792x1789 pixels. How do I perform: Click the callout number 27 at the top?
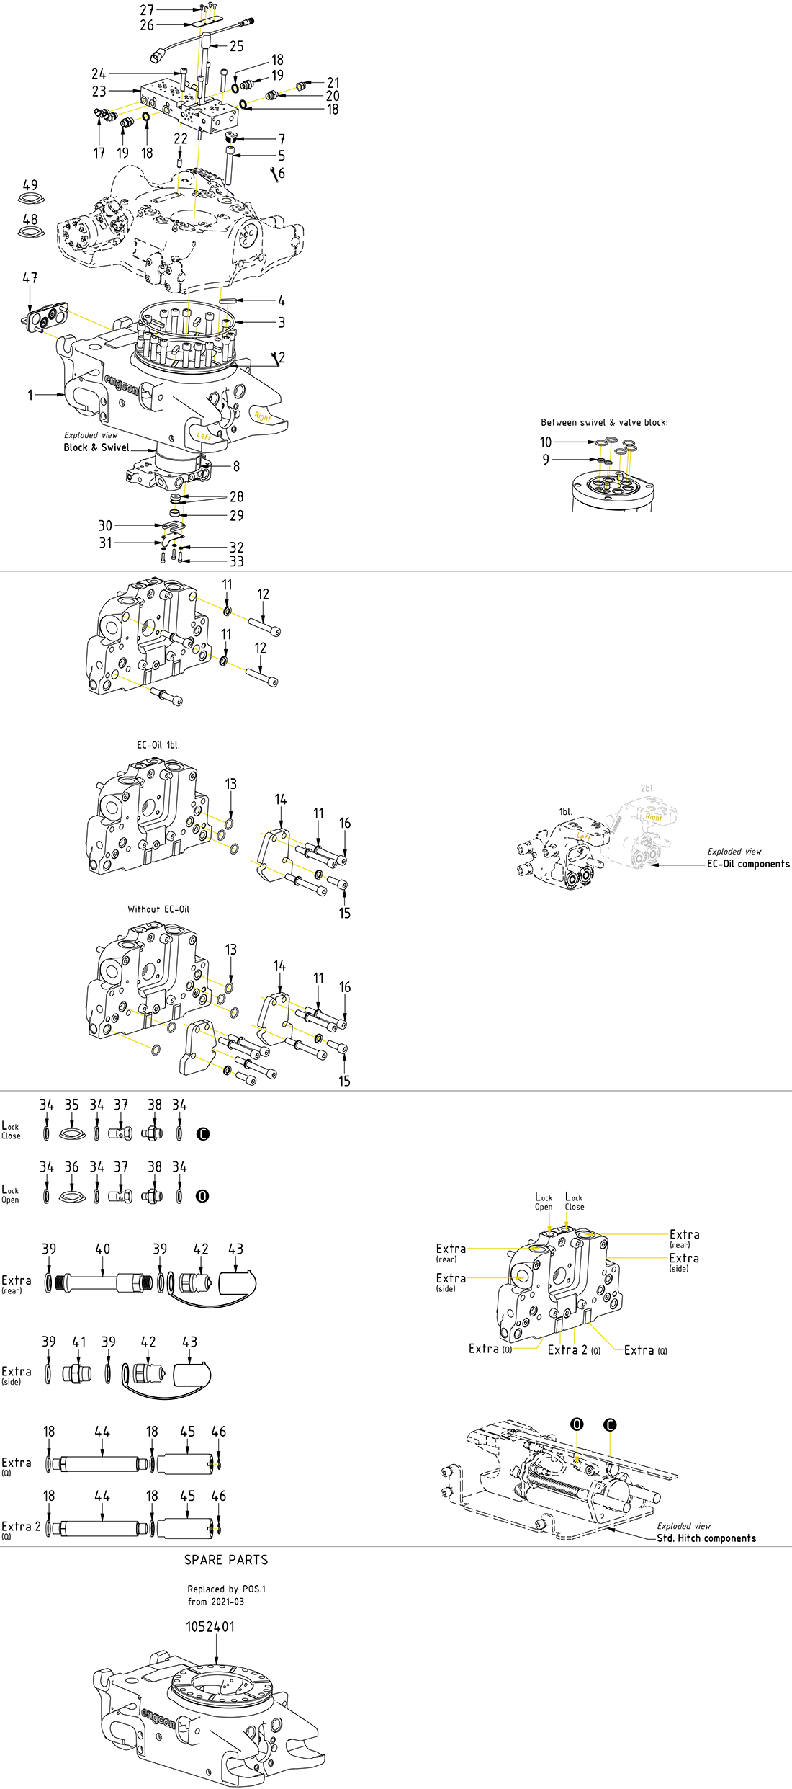click(147, 10)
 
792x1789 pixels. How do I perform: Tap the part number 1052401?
click(210, 1626)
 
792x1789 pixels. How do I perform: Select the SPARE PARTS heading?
click(226, 1560)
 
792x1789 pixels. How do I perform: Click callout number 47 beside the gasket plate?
click(30, 278)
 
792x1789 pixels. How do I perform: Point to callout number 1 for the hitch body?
click(30, 395)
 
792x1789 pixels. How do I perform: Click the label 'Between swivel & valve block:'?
click(604, 423)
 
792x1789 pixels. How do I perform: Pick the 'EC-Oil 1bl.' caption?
click(158, 745)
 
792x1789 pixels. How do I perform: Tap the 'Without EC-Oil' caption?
click(158, 909)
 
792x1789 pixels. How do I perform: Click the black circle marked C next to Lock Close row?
click(203, 1133)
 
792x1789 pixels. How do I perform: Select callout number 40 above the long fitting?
click(103, 1249)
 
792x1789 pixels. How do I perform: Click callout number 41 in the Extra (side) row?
click(79, 1342)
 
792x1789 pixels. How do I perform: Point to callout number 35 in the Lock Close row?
click(72, 1105)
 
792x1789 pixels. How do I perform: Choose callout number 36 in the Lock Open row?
click(72, 1166)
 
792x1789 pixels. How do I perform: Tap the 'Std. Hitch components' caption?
click(706, 1538)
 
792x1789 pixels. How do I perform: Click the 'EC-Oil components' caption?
click(748, 864)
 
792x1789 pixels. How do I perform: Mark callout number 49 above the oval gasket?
click(30, 185)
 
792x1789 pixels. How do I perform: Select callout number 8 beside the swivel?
click(236, 466)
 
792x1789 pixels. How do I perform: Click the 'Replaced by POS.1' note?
click(226, 1589)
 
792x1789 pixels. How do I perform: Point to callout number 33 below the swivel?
click(236, 561)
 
